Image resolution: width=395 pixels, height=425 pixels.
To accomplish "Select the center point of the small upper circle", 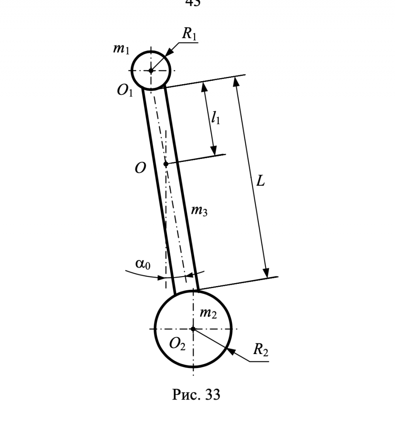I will pyautogui.click(x=151, y=70).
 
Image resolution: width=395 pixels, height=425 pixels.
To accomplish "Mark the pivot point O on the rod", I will pyautogui.click(x=166, y=164).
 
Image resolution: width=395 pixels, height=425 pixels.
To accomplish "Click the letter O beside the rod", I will pyautogui.click(x=140, y=168).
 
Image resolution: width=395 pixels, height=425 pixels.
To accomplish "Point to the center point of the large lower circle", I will pyautogui.click(x=193, y=329).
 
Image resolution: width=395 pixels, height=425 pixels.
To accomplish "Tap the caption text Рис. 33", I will pyautogui.click(x=196, y=395).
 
